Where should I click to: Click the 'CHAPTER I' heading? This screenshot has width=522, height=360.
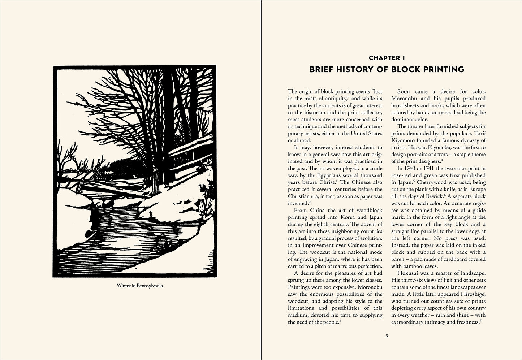(387, 58)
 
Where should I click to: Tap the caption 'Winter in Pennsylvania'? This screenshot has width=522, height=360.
(140, 286)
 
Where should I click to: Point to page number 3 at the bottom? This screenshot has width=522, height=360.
(387, 336)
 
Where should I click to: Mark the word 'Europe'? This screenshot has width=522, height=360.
(477, 189)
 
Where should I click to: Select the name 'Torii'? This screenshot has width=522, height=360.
(478, 133)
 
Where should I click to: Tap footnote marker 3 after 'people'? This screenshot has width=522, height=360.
(340, 321)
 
